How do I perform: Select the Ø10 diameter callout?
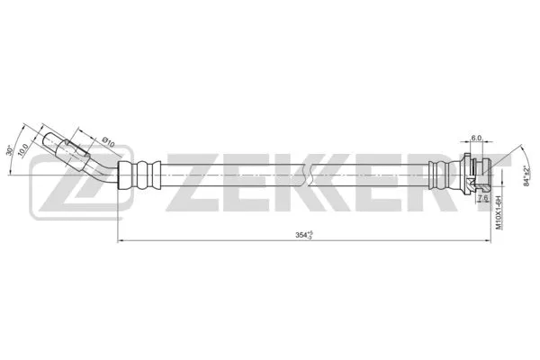(107, 140)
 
